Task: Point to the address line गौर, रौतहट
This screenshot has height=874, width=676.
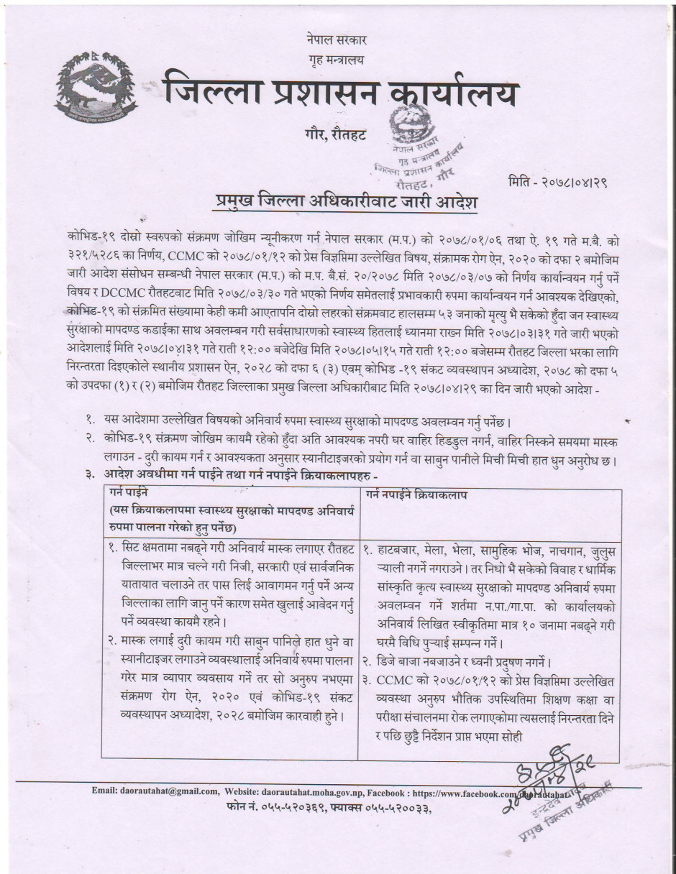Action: point(335,134)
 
